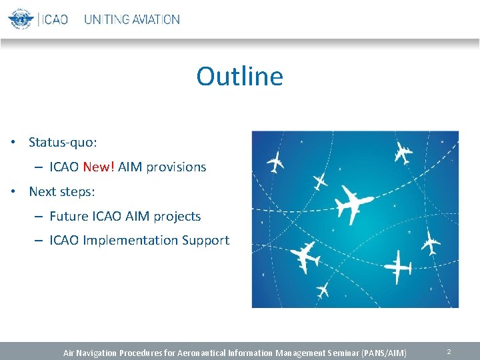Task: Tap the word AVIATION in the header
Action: click(155, 19)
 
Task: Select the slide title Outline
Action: click(239, 76)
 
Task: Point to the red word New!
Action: click(99, 167)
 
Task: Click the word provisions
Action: click(176, 167)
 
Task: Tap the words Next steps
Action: click(62, 192)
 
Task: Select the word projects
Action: click(177, 217)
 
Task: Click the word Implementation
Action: click(130, 241)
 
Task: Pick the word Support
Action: click(205, 241)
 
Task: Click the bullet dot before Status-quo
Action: click(13, 143)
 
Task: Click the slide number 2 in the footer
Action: click(449, 351)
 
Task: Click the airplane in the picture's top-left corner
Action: click(275, 161)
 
